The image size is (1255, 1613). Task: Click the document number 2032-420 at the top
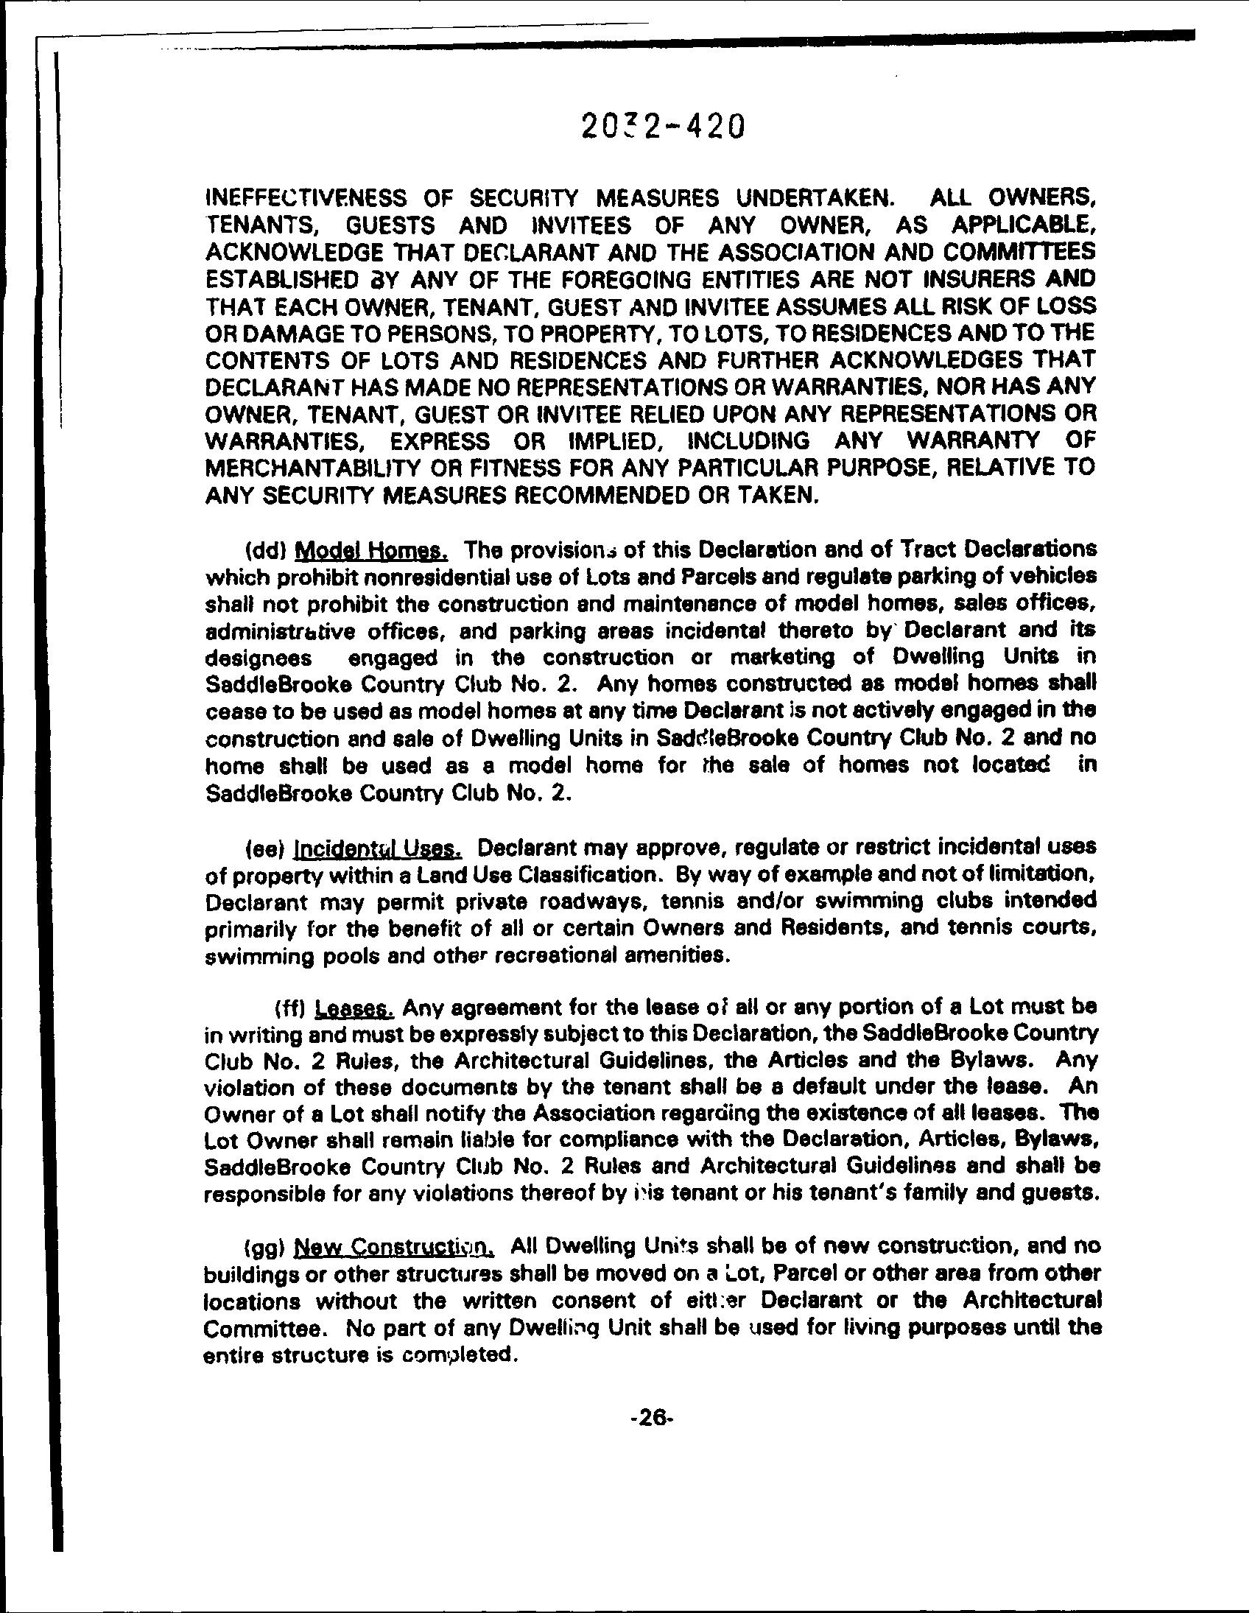coord(660,127)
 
